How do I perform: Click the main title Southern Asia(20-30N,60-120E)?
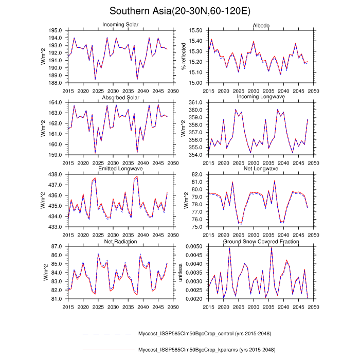click(180, 11)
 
